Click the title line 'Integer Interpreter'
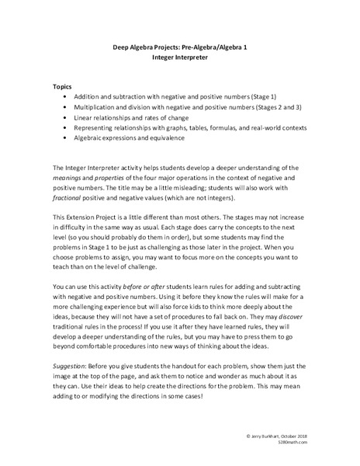point(179,58)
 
